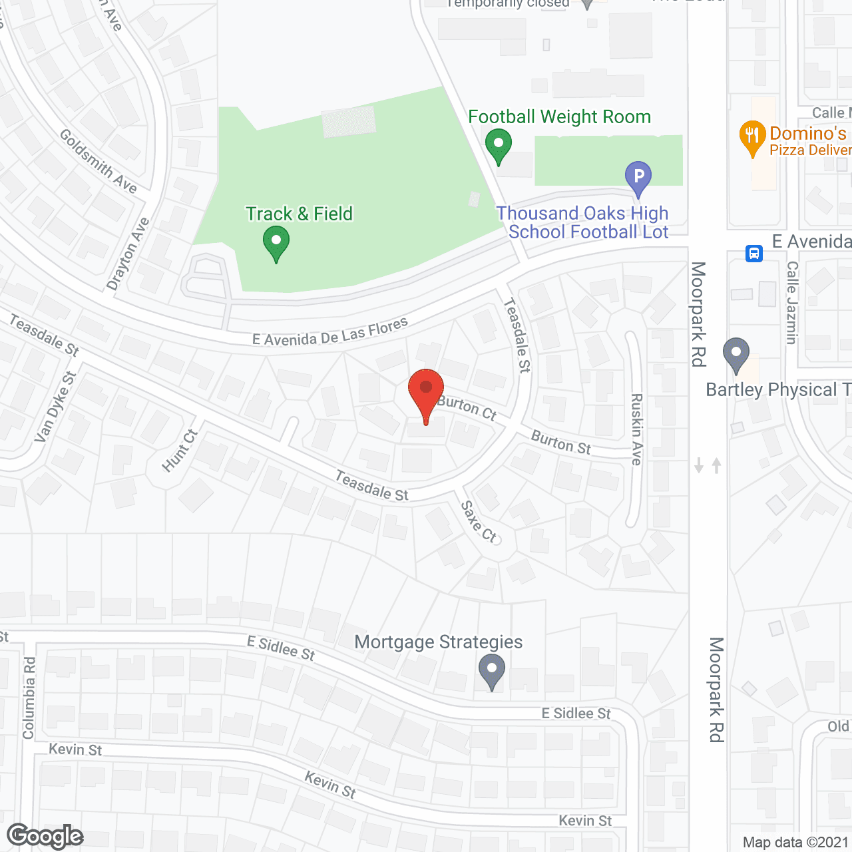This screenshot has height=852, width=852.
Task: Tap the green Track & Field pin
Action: point(276,241)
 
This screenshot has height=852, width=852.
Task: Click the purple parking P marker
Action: point(638,177)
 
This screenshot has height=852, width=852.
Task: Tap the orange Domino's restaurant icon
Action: point(752,136)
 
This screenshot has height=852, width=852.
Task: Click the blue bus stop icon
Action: point(753,254)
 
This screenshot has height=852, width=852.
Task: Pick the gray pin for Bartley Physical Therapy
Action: point(736,353)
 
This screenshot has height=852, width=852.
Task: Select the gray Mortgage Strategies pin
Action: point(492,670)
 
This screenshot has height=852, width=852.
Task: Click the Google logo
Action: point(45,836)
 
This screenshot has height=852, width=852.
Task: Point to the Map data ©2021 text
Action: point(796,842)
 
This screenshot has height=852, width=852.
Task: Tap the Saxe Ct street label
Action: point(479,521)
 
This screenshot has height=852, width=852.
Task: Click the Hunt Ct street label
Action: point(180,451)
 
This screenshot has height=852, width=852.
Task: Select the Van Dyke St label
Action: point(55,407)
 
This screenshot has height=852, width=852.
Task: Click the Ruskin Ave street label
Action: point(637,429)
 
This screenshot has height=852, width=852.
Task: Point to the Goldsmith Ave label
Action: point(99,160)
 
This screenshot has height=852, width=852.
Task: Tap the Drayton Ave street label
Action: point(128,254)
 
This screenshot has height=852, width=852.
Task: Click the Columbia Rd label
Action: point(29,698)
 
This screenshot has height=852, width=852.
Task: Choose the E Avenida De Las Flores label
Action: point(330,331)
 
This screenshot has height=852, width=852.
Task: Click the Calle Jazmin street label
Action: point(792,303)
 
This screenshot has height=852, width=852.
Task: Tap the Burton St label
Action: point(561,443)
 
